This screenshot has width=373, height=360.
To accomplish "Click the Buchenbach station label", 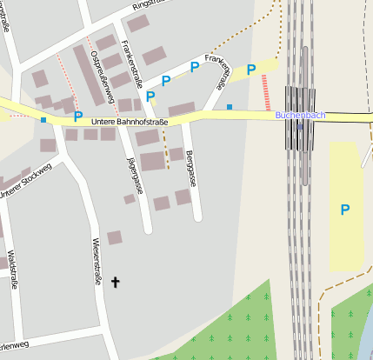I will (x=300, y=115).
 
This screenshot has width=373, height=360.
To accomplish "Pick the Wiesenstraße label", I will (x=97, y=261).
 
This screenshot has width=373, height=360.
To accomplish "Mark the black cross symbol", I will (x=115, y=282).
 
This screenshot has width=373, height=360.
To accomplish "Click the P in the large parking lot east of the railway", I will (x=345, y=210).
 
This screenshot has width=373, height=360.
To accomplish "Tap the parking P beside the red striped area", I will (x=251, y=70).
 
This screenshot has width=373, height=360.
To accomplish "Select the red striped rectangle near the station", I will (x=265, y=91).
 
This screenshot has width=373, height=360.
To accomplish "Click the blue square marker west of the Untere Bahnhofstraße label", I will (x=43, y=119).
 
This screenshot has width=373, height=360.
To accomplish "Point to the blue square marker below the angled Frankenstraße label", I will (x=230, y=106).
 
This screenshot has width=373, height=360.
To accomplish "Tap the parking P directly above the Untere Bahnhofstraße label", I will (x=78, y=116).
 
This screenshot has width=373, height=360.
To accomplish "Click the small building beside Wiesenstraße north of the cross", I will (x=115, y=237).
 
